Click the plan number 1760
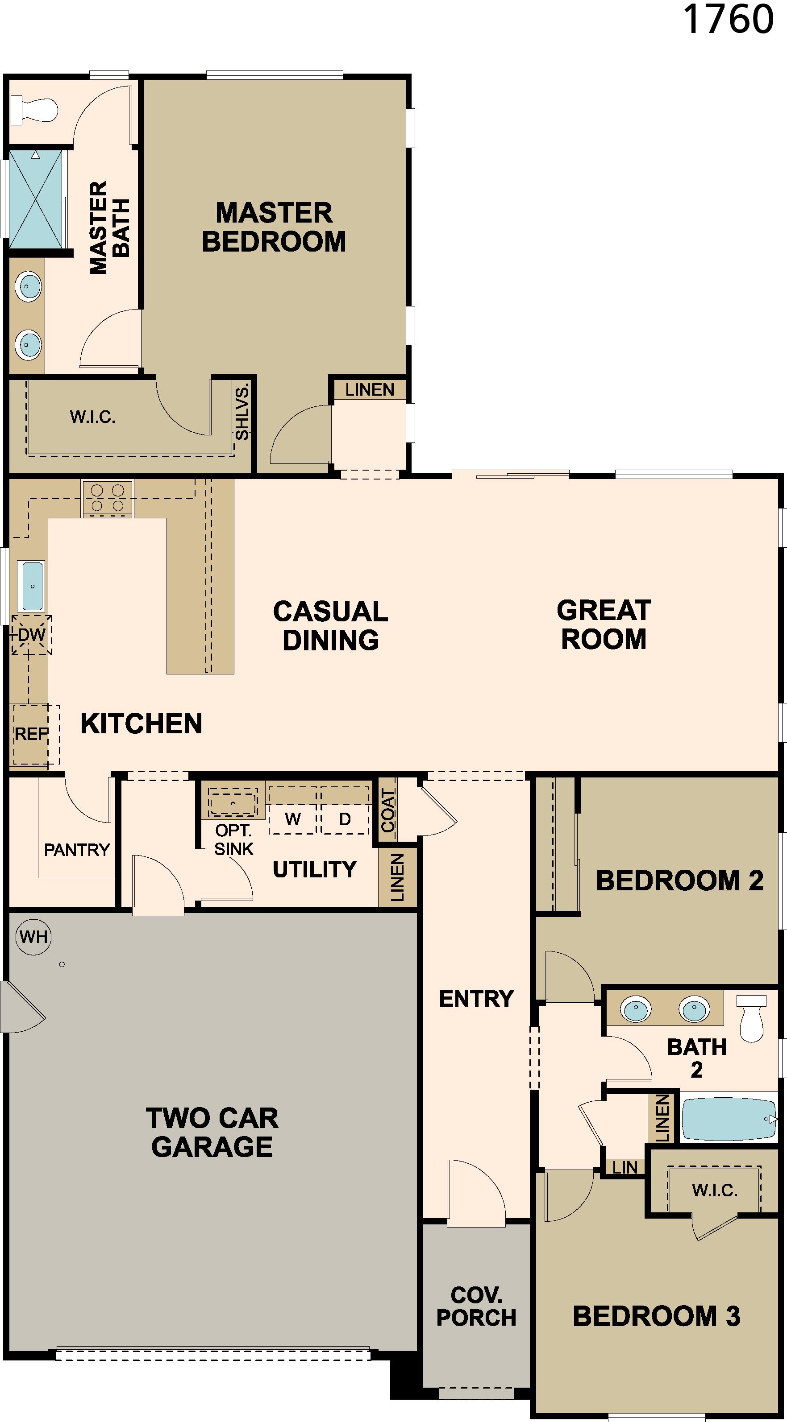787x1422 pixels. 729,19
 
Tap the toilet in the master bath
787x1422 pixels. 34,109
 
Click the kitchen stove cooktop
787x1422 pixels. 107,499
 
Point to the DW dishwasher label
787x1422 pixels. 32,635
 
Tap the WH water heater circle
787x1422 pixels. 33,937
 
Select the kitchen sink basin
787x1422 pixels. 32,586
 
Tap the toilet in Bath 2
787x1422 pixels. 752,1017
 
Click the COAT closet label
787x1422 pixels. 388,810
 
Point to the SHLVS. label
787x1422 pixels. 242,413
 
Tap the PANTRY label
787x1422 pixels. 77,850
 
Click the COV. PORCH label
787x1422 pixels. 476,1306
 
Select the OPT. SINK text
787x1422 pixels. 233,839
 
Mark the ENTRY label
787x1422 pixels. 476,999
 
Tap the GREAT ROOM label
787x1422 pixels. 604,625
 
